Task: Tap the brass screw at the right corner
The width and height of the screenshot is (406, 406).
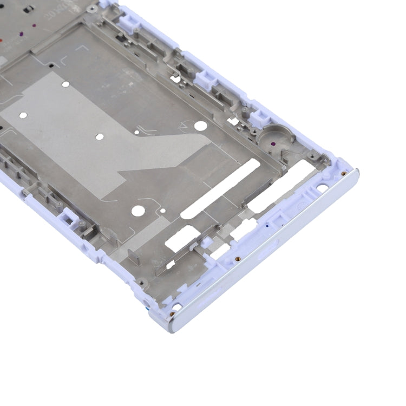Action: [x=343, y=173]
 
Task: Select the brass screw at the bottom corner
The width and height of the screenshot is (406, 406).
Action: [x=172, y=313]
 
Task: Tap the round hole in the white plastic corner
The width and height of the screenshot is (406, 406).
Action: [x=322, y=188]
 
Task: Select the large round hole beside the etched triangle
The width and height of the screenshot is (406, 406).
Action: [x=200, y=126]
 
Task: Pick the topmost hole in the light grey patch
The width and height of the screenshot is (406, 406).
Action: [x=66, y=84]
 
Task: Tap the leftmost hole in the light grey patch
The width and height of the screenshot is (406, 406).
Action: [x=23, y=115]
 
